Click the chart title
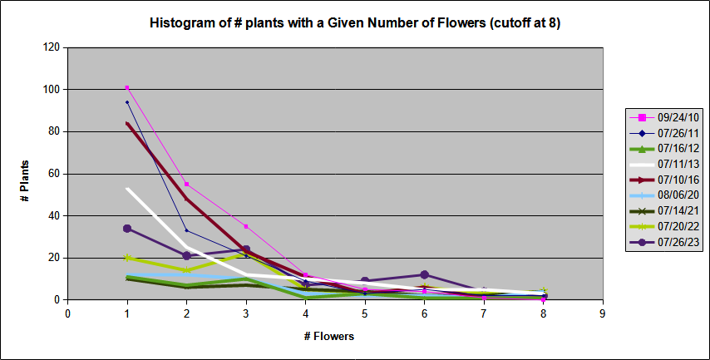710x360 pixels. pos(354,22)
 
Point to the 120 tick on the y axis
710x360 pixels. pos(51,47)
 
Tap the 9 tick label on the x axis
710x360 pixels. pos(602,313)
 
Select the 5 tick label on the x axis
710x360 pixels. pos(364,313)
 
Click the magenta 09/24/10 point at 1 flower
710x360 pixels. pos(127,87)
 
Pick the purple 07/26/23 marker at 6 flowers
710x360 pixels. pos(424,274)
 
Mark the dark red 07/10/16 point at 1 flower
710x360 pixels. pos(127,124)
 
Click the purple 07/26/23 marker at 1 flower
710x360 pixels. pos(127,228)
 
